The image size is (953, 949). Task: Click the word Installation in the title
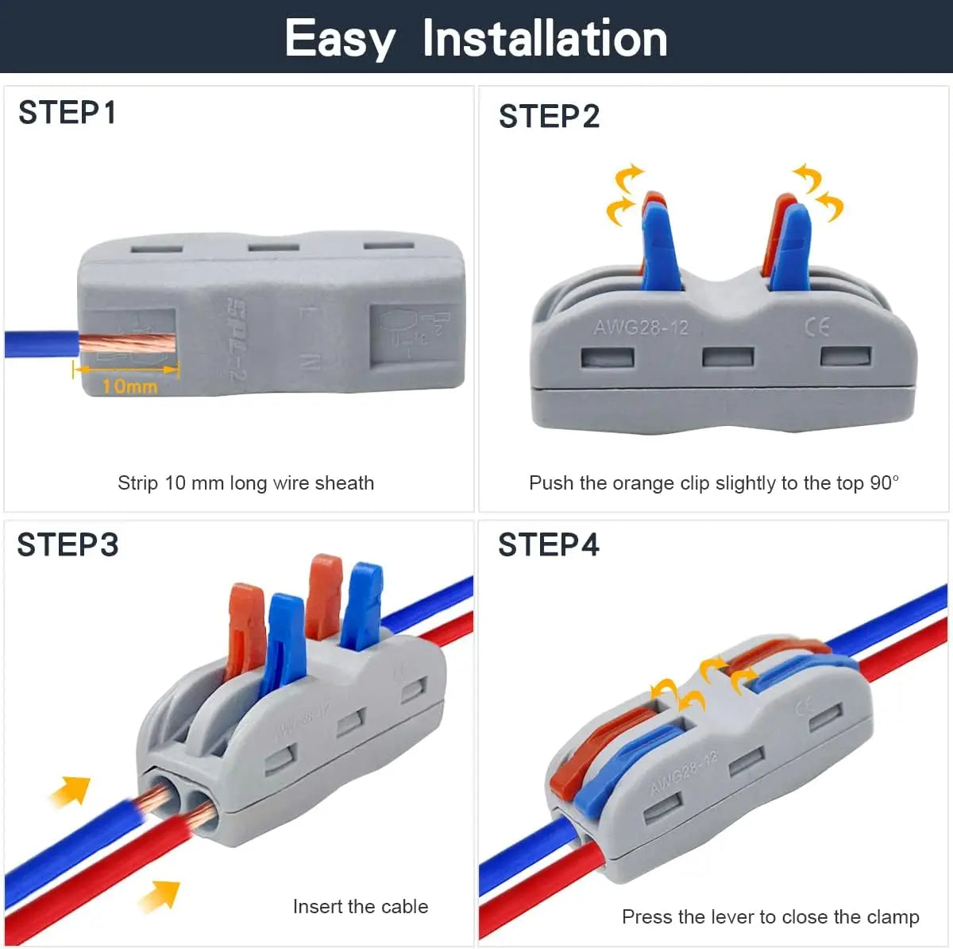coord(545,38)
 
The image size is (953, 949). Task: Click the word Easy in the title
coord(339,38)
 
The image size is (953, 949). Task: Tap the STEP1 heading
coord(68,113)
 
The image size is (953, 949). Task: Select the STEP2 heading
coord(549,117)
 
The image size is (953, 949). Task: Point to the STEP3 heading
coord(68,545)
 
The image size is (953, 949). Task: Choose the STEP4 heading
coord(549,545)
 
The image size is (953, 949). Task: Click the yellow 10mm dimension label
coord(129,386)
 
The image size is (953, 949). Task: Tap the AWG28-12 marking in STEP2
coord(640,327)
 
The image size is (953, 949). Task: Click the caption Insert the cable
coord(360,907)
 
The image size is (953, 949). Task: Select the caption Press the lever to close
coord(770,917)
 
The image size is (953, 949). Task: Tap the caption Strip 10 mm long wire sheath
coord(245,483)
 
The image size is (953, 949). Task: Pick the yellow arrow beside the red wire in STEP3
coord(158,896)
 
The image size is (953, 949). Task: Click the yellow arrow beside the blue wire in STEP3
coord(70,791)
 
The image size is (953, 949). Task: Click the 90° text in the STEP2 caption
coord(884,483)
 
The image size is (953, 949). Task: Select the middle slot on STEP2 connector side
coord(727,356)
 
